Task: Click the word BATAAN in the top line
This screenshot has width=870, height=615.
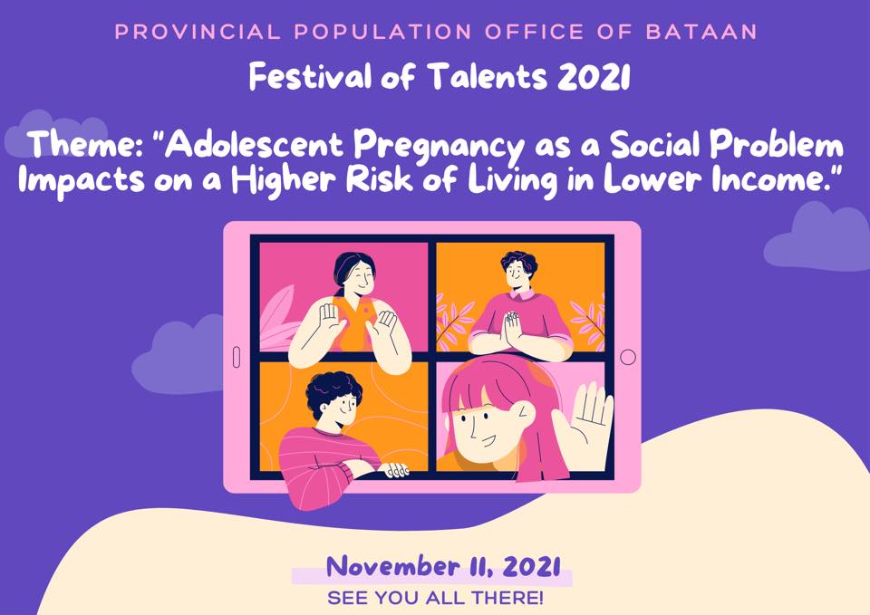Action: tap(701, 31)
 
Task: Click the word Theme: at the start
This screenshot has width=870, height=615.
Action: tap(88, 144)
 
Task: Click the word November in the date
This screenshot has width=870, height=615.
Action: tap(392, 567)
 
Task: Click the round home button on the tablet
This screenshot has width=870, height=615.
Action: tap(627, 357)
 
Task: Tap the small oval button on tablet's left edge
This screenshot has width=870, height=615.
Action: tap(237, 357)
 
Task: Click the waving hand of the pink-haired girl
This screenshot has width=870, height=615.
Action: tap(587, 421)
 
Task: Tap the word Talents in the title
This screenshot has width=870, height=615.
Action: tap(488, 76)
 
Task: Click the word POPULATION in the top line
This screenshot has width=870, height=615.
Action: tap(383, 31)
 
